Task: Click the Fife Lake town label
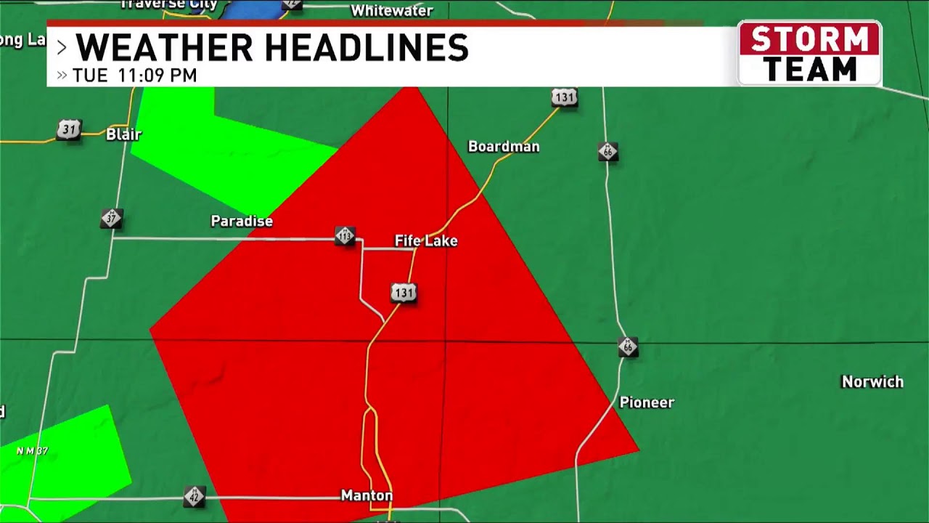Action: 426,241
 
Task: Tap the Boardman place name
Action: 504,147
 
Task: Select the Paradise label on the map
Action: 242,221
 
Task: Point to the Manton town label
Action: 367,495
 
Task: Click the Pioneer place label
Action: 647,402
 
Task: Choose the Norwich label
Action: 872,382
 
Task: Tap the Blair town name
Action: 123,134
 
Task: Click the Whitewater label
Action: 392,11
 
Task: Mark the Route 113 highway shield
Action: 345,236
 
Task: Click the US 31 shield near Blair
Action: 68,130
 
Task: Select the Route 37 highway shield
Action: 111,218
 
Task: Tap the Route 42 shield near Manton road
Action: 194,497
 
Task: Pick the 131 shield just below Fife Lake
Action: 404,293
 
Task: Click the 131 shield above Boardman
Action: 564,97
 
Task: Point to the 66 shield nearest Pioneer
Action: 629,347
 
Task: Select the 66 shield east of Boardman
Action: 608,152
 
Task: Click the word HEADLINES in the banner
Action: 366,48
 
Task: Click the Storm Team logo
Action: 809,53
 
